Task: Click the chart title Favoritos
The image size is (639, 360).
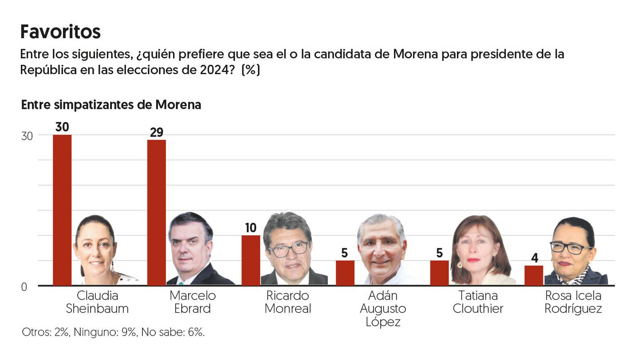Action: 60,32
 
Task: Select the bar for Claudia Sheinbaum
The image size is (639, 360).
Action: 62,210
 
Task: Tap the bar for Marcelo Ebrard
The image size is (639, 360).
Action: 156,212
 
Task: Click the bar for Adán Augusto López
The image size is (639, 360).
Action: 345,273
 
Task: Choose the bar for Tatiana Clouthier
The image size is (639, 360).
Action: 439,273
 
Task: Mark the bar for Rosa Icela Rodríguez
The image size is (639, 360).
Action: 533,275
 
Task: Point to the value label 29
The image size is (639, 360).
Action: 156,132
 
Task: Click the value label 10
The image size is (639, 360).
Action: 251,228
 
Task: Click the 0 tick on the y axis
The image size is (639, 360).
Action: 24,287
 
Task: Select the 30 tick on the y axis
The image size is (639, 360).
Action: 27,136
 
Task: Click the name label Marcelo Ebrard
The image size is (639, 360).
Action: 193,302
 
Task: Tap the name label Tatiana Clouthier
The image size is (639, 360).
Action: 478,302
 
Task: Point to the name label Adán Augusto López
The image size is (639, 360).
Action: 383,309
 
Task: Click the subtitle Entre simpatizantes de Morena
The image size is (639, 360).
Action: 111,105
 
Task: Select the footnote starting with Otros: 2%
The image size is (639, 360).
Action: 113,332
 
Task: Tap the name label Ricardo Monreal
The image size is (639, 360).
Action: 288,302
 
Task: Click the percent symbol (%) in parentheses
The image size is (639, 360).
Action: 251,70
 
